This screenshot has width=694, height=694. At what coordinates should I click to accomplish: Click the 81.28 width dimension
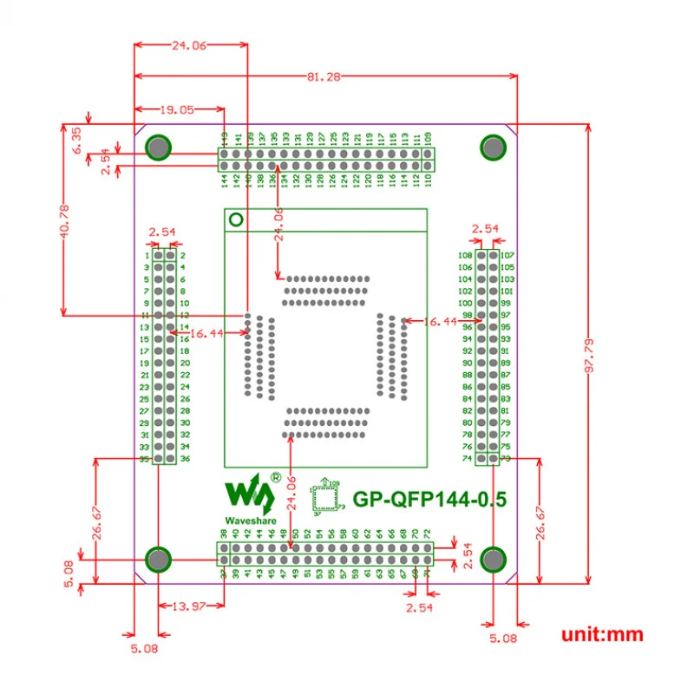tap(323, 76)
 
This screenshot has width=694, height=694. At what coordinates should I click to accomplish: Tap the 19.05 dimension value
tap(176, 110)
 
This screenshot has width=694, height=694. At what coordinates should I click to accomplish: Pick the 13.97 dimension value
tap(188, 605)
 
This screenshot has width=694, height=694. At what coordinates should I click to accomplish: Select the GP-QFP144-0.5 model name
tap(429, 500)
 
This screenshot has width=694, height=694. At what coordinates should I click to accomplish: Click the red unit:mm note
tap(602, 634)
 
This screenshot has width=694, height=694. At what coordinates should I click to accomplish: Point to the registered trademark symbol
tap(276, 477)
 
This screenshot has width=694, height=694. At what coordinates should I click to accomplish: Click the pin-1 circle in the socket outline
tap(234, 220)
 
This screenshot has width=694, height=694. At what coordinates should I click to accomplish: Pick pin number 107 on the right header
tap(507, 255)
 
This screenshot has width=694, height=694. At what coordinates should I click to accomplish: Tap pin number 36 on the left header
tap(185, 459)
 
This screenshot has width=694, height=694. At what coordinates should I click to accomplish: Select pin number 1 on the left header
tap(147, 256)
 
